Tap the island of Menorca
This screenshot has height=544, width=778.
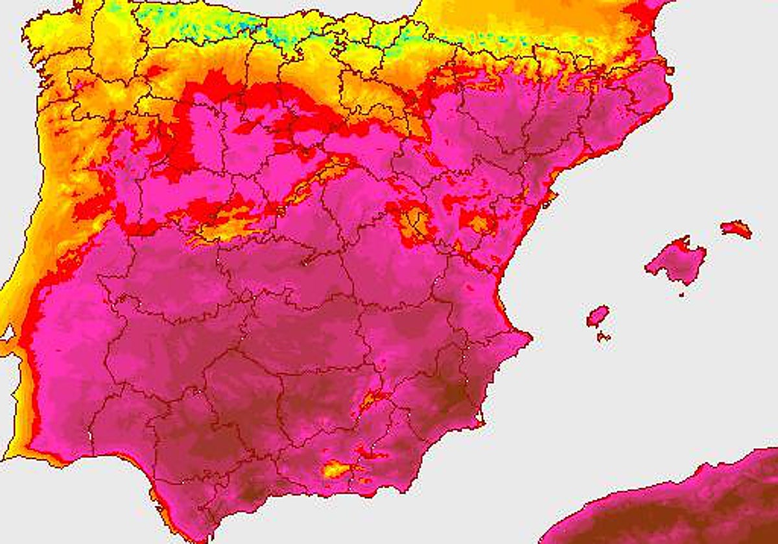[737, 229]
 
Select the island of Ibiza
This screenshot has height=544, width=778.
[598, 316]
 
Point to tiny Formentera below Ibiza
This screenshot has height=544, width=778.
[604, 337]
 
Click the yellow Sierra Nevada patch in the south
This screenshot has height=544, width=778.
[337, 468]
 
